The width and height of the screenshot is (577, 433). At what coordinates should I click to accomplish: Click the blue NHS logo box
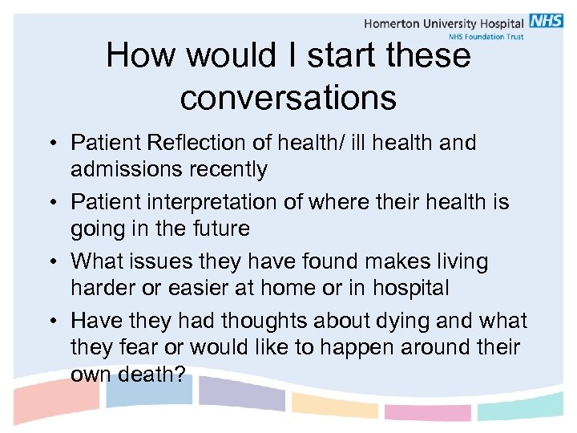pyautogui.click(x=546, y=22)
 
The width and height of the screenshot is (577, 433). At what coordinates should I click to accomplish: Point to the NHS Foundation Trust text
pyautogui.click(x=486, y=37)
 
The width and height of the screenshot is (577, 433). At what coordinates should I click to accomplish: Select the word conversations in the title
pyautogui.click(x=288, y=98)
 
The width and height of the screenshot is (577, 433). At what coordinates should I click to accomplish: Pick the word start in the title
pyautogui.click(x=337, y=56)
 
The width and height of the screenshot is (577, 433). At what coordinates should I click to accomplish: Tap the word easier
pyautogui.click(x=210, y=288)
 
